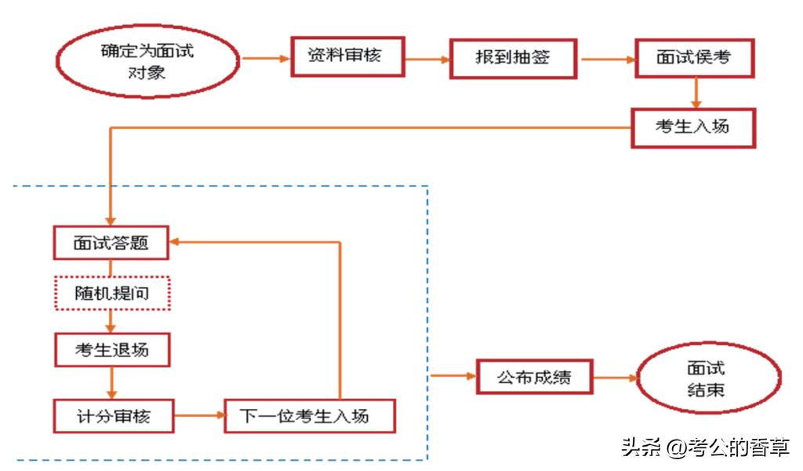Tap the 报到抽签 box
pos(514,58)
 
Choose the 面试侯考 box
pos(694,58)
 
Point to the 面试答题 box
pos(111,243)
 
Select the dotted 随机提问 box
pos(111,294)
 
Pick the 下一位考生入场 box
pos(309,416)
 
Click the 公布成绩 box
pos(534,377)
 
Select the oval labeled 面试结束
pos(708,379)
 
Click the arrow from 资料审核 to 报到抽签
pos(427,58)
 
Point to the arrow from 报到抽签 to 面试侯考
pos(607,58)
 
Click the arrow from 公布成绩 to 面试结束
pos(615,378)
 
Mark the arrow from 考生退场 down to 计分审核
pos(111,382)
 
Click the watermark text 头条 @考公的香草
pos(705,447)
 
